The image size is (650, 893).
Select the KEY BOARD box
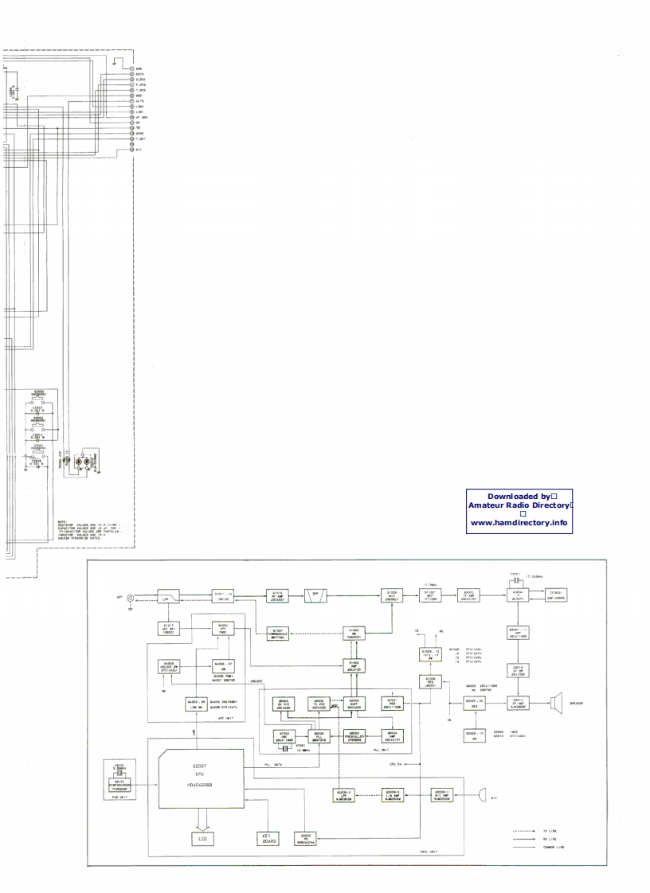[267, 838]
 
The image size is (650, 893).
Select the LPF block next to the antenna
[168, 596]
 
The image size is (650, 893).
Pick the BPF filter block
[315, 595]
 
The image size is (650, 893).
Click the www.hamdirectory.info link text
[519, 523]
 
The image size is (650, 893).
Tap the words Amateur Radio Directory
[519, 505]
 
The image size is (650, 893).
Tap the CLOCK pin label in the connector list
[141, 80]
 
